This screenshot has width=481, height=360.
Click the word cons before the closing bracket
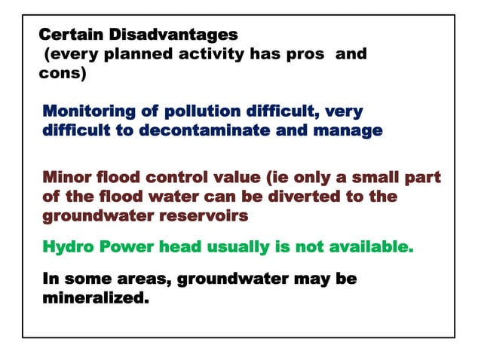59,75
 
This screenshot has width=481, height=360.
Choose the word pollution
201,111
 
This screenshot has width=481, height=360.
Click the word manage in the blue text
353,131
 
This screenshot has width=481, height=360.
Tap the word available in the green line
369,246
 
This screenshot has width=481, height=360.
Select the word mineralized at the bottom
93,298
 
